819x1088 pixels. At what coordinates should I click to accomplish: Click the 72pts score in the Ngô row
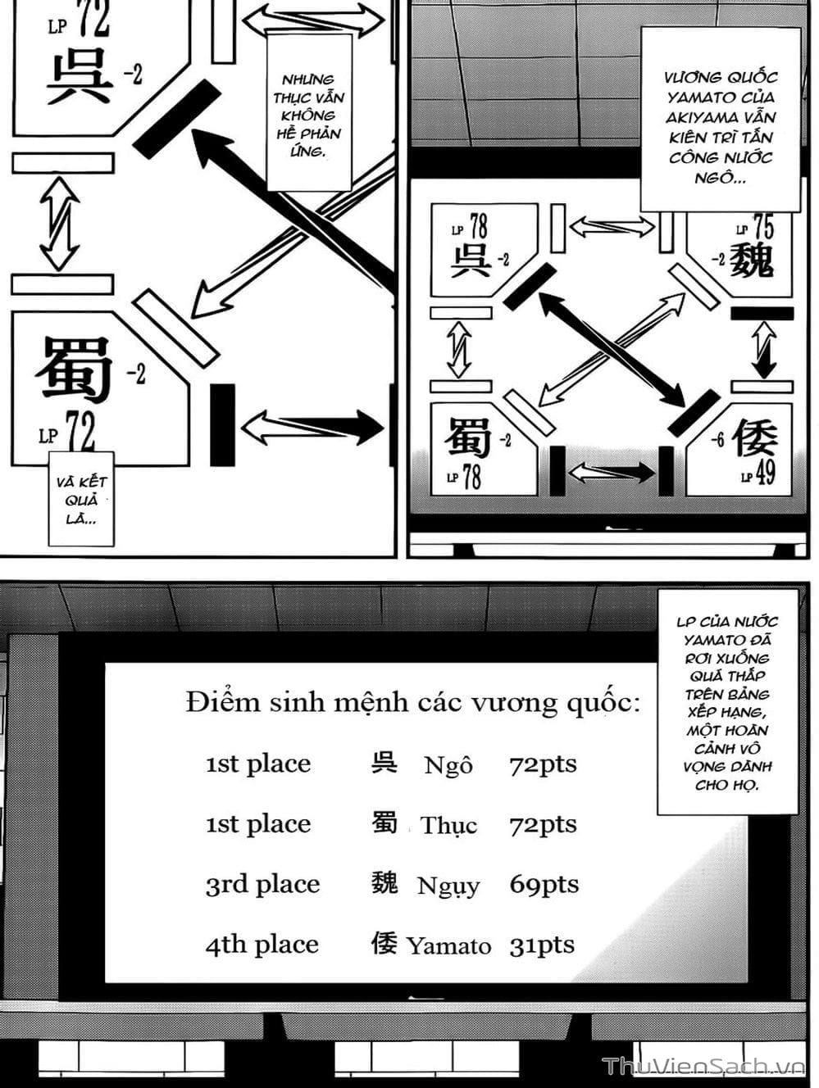pos(543,764)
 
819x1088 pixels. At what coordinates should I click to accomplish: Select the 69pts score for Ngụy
pos(544,885)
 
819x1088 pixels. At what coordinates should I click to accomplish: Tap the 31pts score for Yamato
pos(542,945)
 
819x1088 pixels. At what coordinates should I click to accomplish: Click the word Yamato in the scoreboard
pos(448,946)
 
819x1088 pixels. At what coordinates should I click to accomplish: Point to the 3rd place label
pos(262,885)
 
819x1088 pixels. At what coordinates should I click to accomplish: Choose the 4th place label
pos(262,945)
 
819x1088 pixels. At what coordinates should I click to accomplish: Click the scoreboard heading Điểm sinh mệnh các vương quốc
pos(412,703)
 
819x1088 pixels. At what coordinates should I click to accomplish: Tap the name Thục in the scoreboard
pos(448,826)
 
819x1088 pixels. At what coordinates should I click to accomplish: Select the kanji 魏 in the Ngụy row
pos(384,883)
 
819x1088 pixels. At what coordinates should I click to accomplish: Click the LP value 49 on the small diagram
pos(764,474)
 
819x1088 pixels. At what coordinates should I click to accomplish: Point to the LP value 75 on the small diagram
pos(762,227)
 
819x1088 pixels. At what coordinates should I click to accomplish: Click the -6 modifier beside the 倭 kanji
pos(717,441)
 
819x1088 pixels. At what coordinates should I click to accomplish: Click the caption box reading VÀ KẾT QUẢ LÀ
pos(81,500)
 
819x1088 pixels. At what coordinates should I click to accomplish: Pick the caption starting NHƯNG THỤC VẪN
pos(308,115)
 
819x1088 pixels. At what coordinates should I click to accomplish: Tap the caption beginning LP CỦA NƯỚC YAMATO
pos(727,703)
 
